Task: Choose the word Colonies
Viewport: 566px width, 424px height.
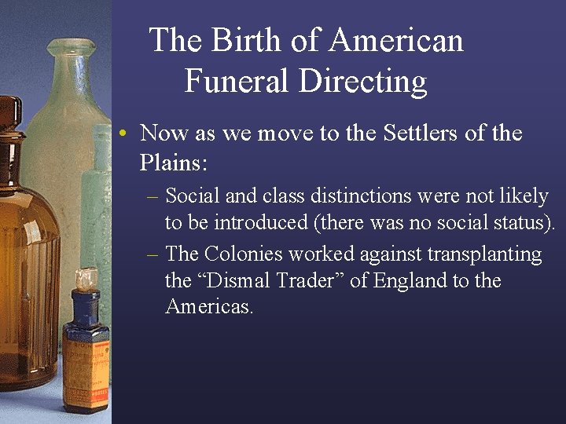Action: coord(243,254)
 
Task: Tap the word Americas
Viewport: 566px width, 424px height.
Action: coord(209,306)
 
